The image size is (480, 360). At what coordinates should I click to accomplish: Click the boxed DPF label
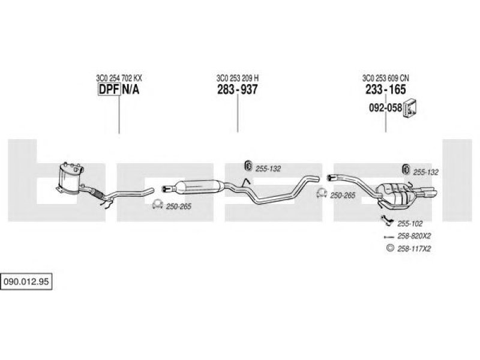click(109, 89)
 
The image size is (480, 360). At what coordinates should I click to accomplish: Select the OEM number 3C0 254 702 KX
click(119, 78)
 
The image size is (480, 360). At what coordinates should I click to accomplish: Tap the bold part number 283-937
click(238, 89)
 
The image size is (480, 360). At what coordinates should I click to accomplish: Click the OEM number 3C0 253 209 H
click(238, 78)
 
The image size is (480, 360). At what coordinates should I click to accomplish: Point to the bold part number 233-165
click(386, 89)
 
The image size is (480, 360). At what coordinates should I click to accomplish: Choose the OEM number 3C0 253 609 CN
click(386, 78)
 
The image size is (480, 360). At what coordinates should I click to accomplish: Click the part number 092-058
click(385, 107)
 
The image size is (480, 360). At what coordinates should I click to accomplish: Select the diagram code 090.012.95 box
click(26, 281)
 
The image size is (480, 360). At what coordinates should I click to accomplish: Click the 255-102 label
click(410, 224)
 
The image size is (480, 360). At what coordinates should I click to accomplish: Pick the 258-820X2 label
click(414, 236)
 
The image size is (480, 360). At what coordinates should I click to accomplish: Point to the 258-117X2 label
click(414, 248)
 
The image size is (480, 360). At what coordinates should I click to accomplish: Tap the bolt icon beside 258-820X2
click(389, 236)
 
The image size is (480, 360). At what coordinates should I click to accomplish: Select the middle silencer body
click(199, 187)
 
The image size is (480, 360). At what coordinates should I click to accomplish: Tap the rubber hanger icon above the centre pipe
click(248, 166)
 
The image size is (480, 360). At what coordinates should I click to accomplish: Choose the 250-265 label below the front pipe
click(178, 206)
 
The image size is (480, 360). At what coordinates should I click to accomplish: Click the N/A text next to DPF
click(131, 89)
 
